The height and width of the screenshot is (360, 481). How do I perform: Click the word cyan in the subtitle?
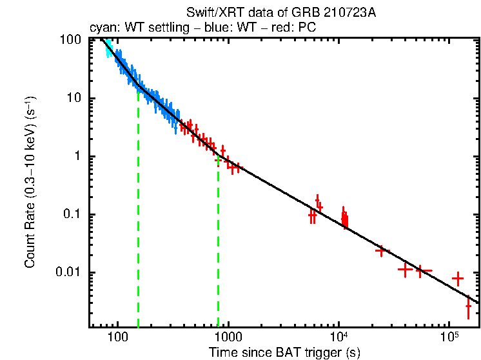[101, 28]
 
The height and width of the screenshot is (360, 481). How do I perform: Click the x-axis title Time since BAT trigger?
[284, 352]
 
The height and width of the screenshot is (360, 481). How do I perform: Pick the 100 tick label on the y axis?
[69, 40]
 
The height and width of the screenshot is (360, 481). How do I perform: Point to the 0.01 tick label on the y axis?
[67, 272]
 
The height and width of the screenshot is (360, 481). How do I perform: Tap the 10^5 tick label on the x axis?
[449, 337]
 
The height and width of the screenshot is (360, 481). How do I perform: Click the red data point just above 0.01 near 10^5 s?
[458, 279]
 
